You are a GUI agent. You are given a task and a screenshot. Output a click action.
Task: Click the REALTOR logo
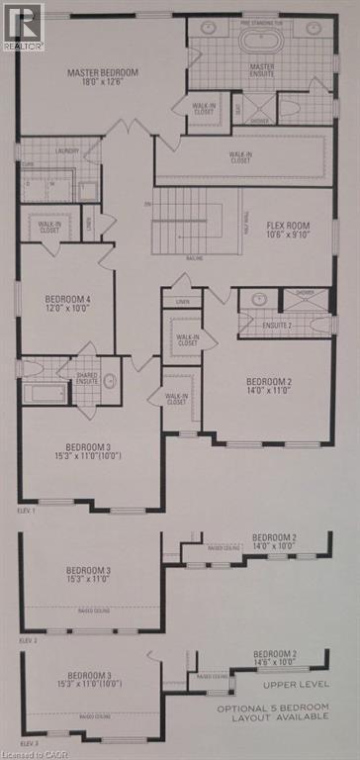tap(23, 27)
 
